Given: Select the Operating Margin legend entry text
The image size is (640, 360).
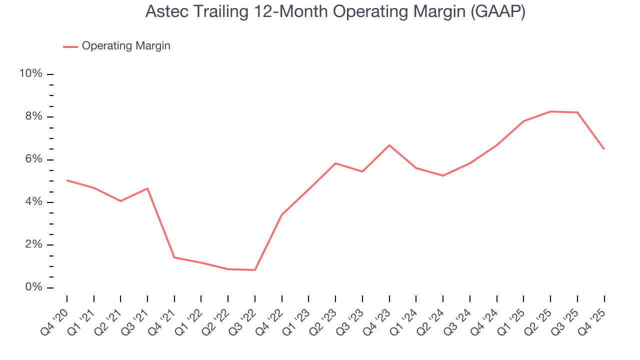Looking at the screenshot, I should coord(126,46).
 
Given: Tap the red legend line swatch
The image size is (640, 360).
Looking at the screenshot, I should coord(70,46).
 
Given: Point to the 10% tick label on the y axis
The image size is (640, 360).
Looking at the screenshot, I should coord(30,74).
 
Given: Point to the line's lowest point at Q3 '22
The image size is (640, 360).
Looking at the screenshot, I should coord(255,270).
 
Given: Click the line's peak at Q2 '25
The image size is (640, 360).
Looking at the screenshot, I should coord(550,111).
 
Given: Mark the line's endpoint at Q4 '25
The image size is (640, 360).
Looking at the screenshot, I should coord(604,149).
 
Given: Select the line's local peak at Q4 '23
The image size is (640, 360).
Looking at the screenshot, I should coord(389,145).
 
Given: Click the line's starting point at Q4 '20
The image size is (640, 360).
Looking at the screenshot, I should coord(67,180).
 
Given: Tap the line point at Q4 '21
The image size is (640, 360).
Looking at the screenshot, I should coord(174,257).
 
